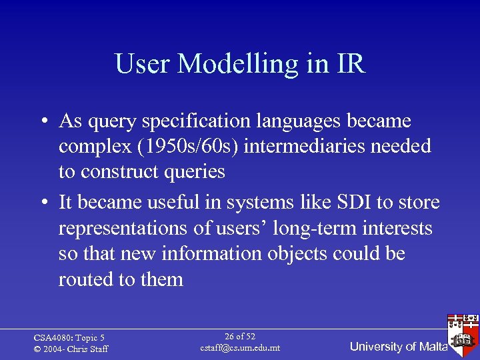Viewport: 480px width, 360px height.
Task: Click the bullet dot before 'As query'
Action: tap(42, 122)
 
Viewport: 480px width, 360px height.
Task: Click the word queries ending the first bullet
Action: tap(193, 171)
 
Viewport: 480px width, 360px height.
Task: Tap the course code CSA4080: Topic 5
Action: tap(69, 338)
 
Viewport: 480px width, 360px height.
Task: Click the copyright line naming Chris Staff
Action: tap(71, 349)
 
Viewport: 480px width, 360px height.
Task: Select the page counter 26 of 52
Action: tap(240, 336)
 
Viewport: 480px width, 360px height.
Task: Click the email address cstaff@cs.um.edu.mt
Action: tap(240, 348)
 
